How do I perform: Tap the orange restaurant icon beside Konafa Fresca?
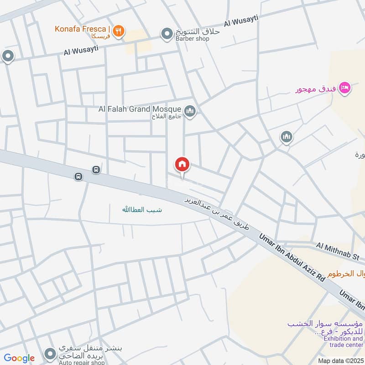(119, 31)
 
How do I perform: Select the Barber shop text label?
(192, 39)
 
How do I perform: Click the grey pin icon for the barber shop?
(166, 33)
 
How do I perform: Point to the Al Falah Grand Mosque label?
(140, 109)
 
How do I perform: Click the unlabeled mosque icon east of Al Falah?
(287, 136)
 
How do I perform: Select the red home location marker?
(182, 165)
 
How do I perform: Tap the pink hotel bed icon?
(345, 87)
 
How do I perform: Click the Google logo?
(19, 359)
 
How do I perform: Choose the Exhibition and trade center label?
(343, 342)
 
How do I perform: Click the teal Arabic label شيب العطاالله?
(142, 210)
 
